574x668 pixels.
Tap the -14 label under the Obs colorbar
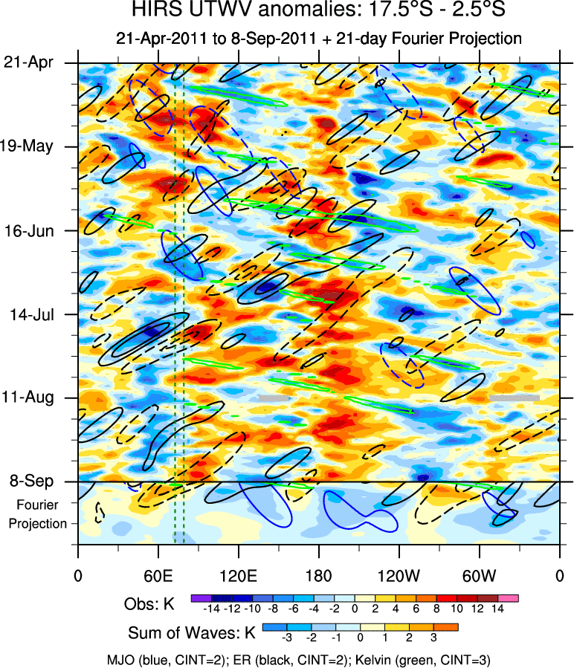pos(210,609)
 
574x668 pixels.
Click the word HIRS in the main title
pos(153,10)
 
